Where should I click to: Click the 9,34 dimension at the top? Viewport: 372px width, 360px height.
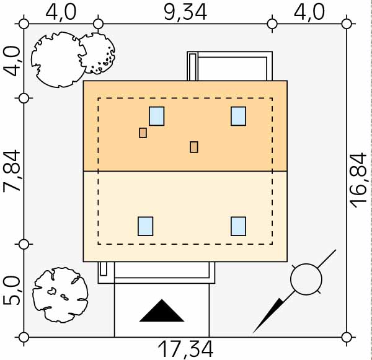click(x=185, y=12)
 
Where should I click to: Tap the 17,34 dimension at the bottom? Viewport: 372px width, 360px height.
click(x=185, y=349)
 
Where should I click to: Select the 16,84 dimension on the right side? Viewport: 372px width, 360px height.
click(x=359, y=180)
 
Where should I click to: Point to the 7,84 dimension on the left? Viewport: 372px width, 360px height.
click(x=12, y=171)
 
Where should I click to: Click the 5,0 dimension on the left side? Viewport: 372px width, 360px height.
click(x=12, y=291)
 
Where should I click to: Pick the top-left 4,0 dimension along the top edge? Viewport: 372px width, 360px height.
click(x=61, y=12)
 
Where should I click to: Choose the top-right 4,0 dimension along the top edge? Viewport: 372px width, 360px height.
click(x=309, y=12)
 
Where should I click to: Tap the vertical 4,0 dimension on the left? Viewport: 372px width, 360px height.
click(x=12, y=61)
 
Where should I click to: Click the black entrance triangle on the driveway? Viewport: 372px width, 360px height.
click(x=162, y=310)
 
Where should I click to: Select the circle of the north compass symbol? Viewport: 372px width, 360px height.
click(x=306, y=279)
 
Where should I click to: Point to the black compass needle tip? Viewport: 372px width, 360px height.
click(x=254, y=333)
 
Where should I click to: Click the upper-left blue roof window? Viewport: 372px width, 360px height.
click(x=157, y=116)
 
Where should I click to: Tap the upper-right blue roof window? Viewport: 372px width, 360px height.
click(x=239, y=116)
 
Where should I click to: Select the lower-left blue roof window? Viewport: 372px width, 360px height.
click(x=146, y=226)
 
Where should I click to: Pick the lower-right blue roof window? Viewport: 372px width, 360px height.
click(x=239, y=226)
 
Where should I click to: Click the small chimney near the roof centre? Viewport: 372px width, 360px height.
click(x=194, y=147)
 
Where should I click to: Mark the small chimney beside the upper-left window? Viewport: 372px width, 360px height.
click(x=143, y=133)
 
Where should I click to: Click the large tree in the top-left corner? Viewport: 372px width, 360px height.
click(x=59, y=59)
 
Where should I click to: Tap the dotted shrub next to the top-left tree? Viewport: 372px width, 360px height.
click(x=97, y=53)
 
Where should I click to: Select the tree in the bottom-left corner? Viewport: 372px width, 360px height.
click(x=60, y=295)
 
